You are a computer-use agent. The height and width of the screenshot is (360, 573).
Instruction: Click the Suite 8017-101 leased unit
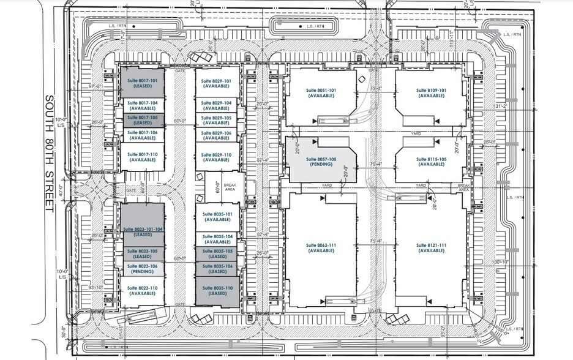[x=142, y=84]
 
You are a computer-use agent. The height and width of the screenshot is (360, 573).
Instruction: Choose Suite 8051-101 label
[x=321, y=93]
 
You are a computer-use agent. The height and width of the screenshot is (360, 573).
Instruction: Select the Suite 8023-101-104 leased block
[x=142, y=231]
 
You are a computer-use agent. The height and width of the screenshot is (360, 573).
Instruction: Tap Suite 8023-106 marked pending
[x=142, y=268]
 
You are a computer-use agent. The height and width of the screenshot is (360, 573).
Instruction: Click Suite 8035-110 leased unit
[x=217, y=291]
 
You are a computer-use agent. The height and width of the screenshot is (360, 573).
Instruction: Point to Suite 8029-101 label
[x=217, y=84]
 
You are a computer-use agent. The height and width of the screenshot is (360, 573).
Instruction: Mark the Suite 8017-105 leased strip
[x=142, y=119]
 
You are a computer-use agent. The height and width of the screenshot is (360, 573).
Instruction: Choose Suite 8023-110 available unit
[x=142, y=291]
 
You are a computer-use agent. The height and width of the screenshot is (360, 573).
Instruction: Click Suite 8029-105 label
[x=217, y=119]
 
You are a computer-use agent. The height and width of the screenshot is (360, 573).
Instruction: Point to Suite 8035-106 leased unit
[x=217, y=268]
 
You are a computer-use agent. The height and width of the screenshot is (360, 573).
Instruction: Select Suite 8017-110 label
[x=142, y=157]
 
